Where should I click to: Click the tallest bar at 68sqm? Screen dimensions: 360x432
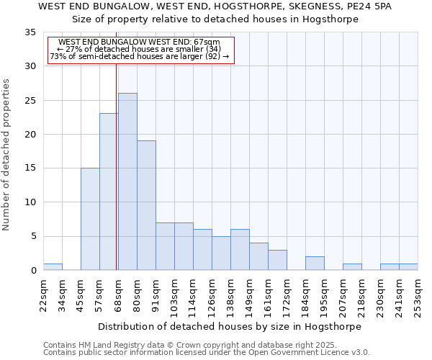point(127,181)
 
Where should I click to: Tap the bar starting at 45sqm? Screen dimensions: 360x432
point(90,219)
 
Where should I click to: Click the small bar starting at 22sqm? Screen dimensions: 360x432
point(53,267)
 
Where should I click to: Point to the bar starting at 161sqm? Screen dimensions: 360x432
point(277,260)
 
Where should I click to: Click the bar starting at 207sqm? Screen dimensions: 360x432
point(352,267)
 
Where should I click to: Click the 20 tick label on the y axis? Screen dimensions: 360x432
point(30,135)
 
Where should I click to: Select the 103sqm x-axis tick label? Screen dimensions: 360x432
point(174,296)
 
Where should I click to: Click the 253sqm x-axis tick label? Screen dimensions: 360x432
point(418,296)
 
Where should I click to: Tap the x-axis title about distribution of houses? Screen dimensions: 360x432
point(230,326)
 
